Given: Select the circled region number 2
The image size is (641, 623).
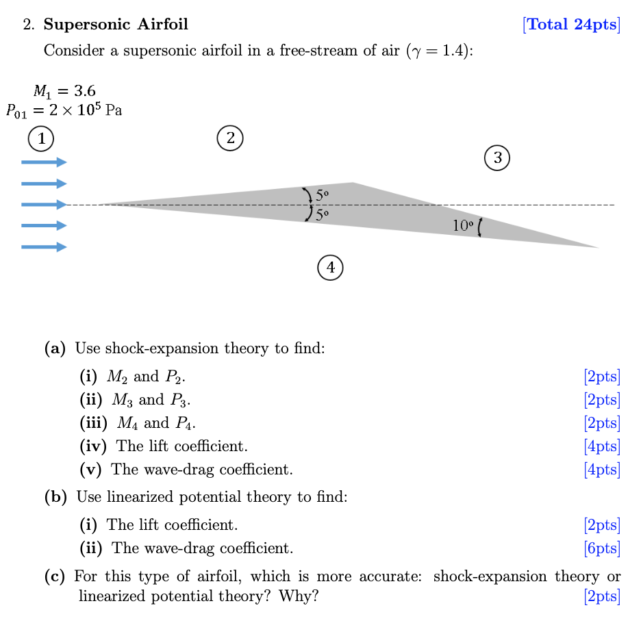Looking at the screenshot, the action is click(231, 138).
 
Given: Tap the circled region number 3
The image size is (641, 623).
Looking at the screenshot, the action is click(498, 157).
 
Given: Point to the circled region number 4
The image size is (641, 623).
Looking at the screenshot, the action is click(331, 267).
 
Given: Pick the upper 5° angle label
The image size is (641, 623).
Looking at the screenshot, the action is click(323, 195).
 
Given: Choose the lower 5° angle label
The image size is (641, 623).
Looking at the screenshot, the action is click(323, 214).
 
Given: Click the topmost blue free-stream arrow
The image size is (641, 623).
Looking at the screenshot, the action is click(44, 162).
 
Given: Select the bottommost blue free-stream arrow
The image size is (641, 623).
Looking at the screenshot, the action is click(44, 246).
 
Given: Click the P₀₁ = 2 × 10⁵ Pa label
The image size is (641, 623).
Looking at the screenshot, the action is click(64, 110).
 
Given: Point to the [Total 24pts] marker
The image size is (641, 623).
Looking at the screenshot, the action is click(570, 25).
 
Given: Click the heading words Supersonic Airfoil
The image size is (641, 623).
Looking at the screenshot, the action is click(116, 25).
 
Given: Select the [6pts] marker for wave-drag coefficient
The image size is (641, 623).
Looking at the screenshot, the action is click(602, 548).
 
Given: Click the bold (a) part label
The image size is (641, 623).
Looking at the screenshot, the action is click(55, 348).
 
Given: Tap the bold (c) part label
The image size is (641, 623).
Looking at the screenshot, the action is click(55, 576).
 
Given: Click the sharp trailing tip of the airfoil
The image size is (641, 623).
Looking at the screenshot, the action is click(598, 247).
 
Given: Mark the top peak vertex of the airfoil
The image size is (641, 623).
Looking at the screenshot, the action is click(353, 183).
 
